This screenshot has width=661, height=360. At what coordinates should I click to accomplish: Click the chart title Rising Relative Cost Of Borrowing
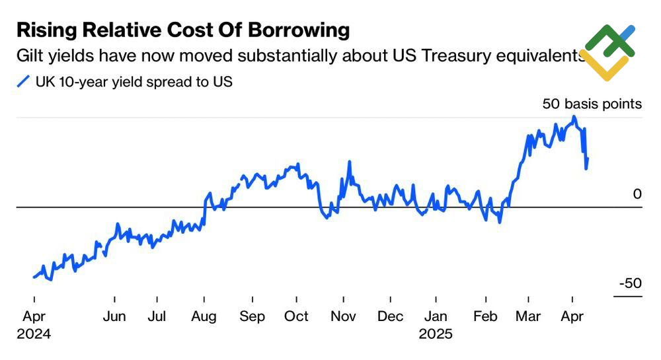(183, 30)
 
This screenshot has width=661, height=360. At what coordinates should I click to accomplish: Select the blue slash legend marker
(23, 82)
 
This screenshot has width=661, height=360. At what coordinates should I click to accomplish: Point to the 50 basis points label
(592, 104)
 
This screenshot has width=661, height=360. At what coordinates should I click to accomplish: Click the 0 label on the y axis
(637, 194)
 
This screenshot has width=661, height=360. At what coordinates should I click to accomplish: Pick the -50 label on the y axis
(630, 283)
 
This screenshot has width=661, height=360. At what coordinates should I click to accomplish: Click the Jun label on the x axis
(114, 317)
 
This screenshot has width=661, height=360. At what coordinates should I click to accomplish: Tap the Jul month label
(157, 317)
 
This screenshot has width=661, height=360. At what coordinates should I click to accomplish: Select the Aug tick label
(204, 317)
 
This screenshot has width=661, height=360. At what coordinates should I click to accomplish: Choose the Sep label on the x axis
(252, 317)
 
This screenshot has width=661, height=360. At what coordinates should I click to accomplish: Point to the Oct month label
(296, 317)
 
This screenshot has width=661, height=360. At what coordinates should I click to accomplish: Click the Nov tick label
(343, 317)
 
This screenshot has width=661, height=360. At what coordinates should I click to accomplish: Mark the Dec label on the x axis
(390, 317)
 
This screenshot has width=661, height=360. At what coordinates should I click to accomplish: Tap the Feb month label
(485, 317)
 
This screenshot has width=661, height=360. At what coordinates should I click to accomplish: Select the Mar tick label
(528, 317)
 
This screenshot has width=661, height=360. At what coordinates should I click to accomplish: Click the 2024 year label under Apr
(34, 334)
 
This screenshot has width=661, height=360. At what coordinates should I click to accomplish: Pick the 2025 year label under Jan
(436, 334)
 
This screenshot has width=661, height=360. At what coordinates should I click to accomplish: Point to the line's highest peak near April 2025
(574, 117)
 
